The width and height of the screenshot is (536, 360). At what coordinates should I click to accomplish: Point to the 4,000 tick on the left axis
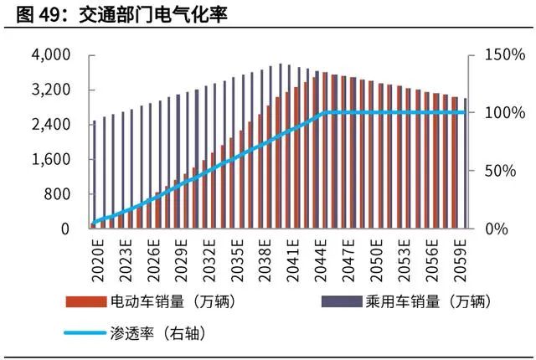point(51,55)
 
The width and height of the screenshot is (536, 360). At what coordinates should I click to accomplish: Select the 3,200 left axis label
point(51,90)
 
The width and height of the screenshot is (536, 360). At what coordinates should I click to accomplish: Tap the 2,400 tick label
point(51,124)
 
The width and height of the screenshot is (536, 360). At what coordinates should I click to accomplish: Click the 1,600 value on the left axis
point(51,159)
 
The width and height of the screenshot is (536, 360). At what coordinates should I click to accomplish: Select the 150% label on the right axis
point(504,55)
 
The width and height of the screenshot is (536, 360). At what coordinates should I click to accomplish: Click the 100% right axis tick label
point(504,113)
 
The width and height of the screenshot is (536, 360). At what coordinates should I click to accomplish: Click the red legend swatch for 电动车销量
point(84,301)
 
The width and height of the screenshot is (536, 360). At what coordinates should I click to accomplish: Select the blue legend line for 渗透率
point(84,332)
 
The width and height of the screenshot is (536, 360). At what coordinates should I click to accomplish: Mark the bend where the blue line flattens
point(324,112)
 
